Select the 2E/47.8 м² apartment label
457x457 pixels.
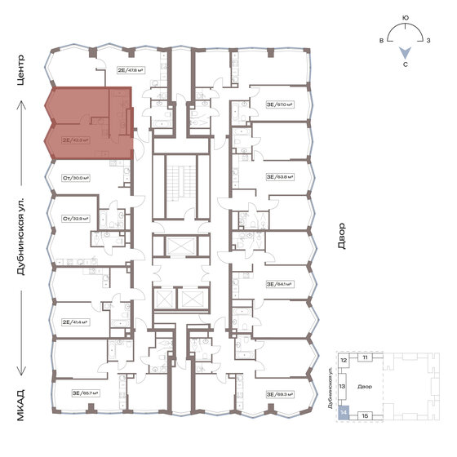coord(131,70)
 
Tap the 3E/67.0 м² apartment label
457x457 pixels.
coord(279,104)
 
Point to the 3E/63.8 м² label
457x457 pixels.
coord(279,176)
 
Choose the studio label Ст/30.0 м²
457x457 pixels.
coord(76,177)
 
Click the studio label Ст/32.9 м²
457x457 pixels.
coord(76,219)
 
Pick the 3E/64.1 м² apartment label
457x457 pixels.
coord(279,284)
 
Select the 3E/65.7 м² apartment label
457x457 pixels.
coord(85,393)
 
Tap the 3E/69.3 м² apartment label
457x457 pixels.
coord(279,393)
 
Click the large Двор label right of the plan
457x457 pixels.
coord(342,237)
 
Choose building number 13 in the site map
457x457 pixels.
coord(344,387)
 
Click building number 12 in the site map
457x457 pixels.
coord(344,359)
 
